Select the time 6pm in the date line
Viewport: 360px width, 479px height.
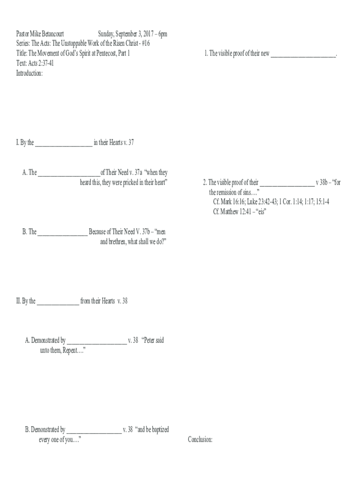(163, 34)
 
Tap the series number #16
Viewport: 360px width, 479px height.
(146, 44)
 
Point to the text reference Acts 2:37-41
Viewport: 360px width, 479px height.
(41, 63)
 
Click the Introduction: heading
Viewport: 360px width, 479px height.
(29, 73)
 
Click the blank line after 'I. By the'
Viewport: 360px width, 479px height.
(64, 146)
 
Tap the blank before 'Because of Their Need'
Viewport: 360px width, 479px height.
(62, 235)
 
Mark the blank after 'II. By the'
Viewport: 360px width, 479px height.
(58, 304)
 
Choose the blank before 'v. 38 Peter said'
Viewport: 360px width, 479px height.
(97, 344)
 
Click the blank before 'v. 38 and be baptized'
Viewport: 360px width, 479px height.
(94, 433)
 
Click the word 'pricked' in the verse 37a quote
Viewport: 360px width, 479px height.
(131, 183)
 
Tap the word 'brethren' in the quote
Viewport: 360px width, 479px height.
(117, 242)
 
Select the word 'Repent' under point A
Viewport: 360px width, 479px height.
(70, 350)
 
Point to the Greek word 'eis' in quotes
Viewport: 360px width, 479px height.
(261, 212)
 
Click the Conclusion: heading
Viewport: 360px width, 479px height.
(200, 440)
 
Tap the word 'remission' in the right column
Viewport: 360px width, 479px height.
(227, 192)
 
